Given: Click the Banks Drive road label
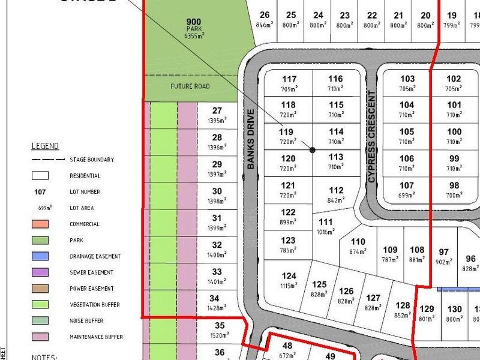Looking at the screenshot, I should tap(251, 139).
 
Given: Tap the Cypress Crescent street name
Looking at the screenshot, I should tap(372, 137).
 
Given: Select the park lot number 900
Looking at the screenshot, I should tap(194, 22).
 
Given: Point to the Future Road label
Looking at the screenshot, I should tap(190, 86).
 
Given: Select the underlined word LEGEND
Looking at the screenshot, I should tap(45, 146).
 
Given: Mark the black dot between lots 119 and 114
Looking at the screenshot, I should tap(312, 149).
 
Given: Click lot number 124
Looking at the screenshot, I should tap(289, 276).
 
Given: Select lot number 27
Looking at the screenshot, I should tap(217, 110).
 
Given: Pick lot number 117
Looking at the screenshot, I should tap(289, 79).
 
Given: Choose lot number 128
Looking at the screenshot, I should tap(403, 305).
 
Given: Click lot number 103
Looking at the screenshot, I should tap(407, 79).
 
